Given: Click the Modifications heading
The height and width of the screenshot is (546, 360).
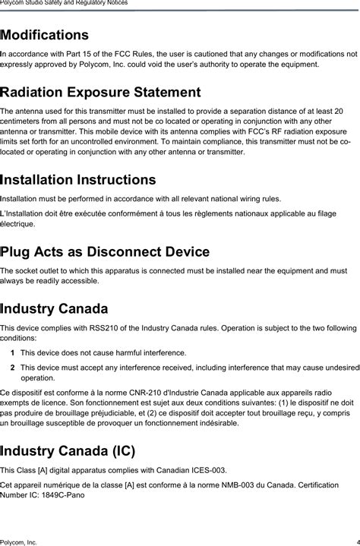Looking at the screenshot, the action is (x=45, y=35).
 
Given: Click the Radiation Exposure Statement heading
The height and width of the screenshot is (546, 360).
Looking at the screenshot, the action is (x=100, y=93).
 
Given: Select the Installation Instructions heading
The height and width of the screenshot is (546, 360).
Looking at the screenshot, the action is (x=78, y=180).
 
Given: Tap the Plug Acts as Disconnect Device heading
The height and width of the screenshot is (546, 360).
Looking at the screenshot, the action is (x=105, y=251).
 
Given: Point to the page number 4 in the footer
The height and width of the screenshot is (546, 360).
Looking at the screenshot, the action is (x=356, y=541).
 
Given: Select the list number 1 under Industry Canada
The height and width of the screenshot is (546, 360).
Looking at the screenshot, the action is (x=13, y=353).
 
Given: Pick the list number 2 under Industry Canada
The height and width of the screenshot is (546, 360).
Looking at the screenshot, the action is (x=13, y=368).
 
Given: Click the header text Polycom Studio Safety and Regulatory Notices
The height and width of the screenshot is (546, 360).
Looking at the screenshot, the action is (x=64, y=3).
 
